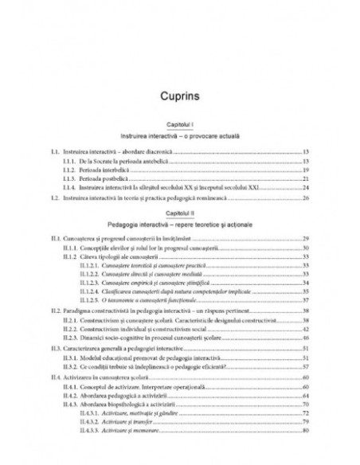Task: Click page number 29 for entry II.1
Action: coord(306,239)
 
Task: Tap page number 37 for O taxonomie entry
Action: coord(306,301)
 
